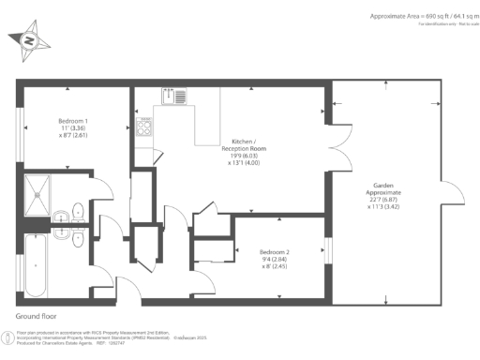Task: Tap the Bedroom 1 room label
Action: coord(72,121)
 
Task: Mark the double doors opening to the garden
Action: coord(329,151)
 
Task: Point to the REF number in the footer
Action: coord(131,343)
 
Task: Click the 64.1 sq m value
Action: coord(451,17)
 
